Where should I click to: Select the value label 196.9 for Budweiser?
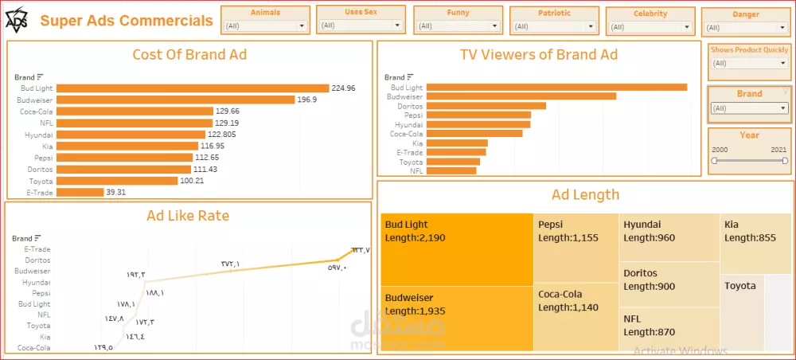307,100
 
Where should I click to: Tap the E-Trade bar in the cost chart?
80,192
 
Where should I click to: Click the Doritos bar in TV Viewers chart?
486,106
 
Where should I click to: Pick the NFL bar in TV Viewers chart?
451,170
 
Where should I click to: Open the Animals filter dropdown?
265,26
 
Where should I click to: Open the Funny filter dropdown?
458,26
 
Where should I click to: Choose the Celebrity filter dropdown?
650,26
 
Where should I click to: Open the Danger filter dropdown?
745,28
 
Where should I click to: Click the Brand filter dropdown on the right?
749,108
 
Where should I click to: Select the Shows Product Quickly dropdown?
749,63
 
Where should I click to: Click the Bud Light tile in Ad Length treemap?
457,248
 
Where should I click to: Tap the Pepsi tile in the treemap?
576,247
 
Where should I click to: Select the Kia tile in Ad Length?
755,243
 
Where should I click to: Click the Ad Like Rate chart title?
188,215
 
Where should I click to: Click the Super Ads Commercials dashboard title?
127,21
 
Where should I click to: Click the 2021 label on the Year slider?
778,149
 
